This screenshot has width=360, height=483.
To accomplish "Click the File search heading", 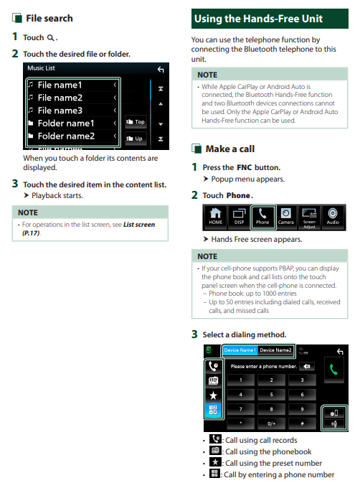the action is coord(49,19).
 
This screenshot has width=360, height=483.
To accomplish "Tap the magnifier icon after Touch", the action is coord(50,38).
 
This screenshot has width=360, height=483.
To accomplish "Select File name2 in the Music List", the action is coord(60,98).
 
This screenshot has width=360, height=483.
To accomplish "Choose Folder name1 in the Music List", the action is coord(66,123).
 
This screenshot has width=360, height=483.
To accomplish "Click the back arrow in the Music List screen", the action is coord(161,70).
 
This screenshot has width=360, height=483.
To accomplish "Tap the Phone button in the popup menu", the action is coord(262,217).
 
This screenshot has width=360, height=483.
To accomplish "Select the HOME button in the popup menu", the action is coord(215,217).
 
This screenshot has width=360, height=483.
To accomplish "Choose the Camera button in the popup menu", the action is coord(286,217).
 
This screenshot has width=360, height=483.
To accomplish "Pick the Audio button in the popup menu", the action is coord(333,217).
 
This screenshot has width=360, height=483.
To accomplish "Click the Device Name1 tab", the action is coord(240,350).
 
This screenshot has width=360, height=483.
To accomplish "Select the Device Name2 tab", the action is coord(275,350).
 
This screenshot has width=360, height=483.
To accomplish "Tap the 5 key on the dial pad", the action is coord(271,395).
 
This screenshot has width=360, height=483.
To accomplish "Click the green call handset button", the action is coord(333,370).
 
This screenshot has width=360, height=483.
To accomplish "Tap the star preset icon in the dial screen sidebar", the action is coord(213,395).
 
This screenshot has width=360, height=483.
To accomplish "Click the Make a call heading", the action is coord(230,149).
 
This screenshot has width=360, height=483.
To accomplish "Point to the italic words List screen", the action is coord(139,225).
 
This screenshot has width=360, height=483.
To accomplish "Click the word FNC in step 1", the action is coord(245,167).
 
